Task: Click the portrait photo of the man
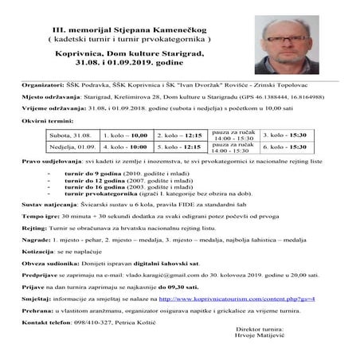[x=290, y=40]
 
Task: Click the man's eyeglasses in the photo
[x=288, y=36]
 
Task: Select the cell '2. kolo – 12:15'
[x=179, y=136]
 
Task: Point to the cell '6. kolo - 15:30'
[x=285, y=147]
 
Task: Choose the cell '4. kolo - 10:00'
[x=126, y=147]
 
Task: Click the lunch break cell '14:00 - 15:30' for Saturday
[x=233, y=139]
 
